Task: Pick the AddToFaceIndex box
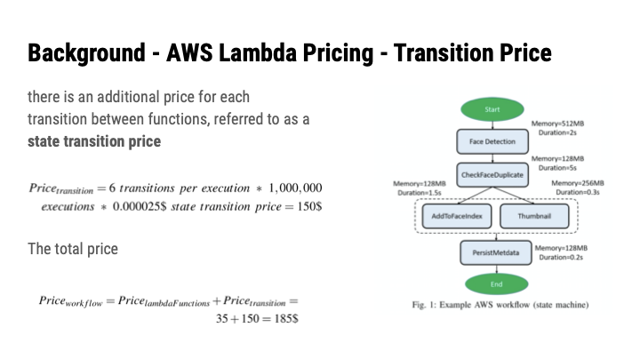coord(450,216)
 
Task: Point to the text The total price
coord(73,249)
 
